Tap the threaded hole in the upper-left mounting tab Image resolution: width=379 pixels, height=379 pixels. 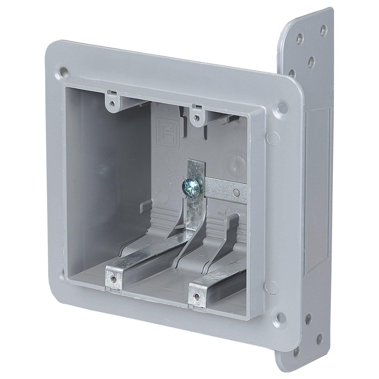coord(111,103)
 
